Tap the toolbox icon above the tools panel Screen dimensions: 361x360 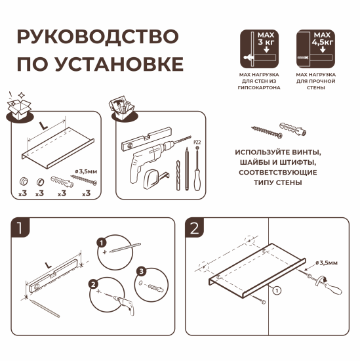click(120, 108)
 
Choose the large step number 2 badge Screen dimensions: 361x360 click(194, 228)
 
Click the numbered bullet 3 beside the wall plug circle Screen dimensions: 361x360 click(140, 271)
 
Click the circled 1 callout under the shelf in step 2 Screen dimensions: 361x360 click(277, 289)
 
